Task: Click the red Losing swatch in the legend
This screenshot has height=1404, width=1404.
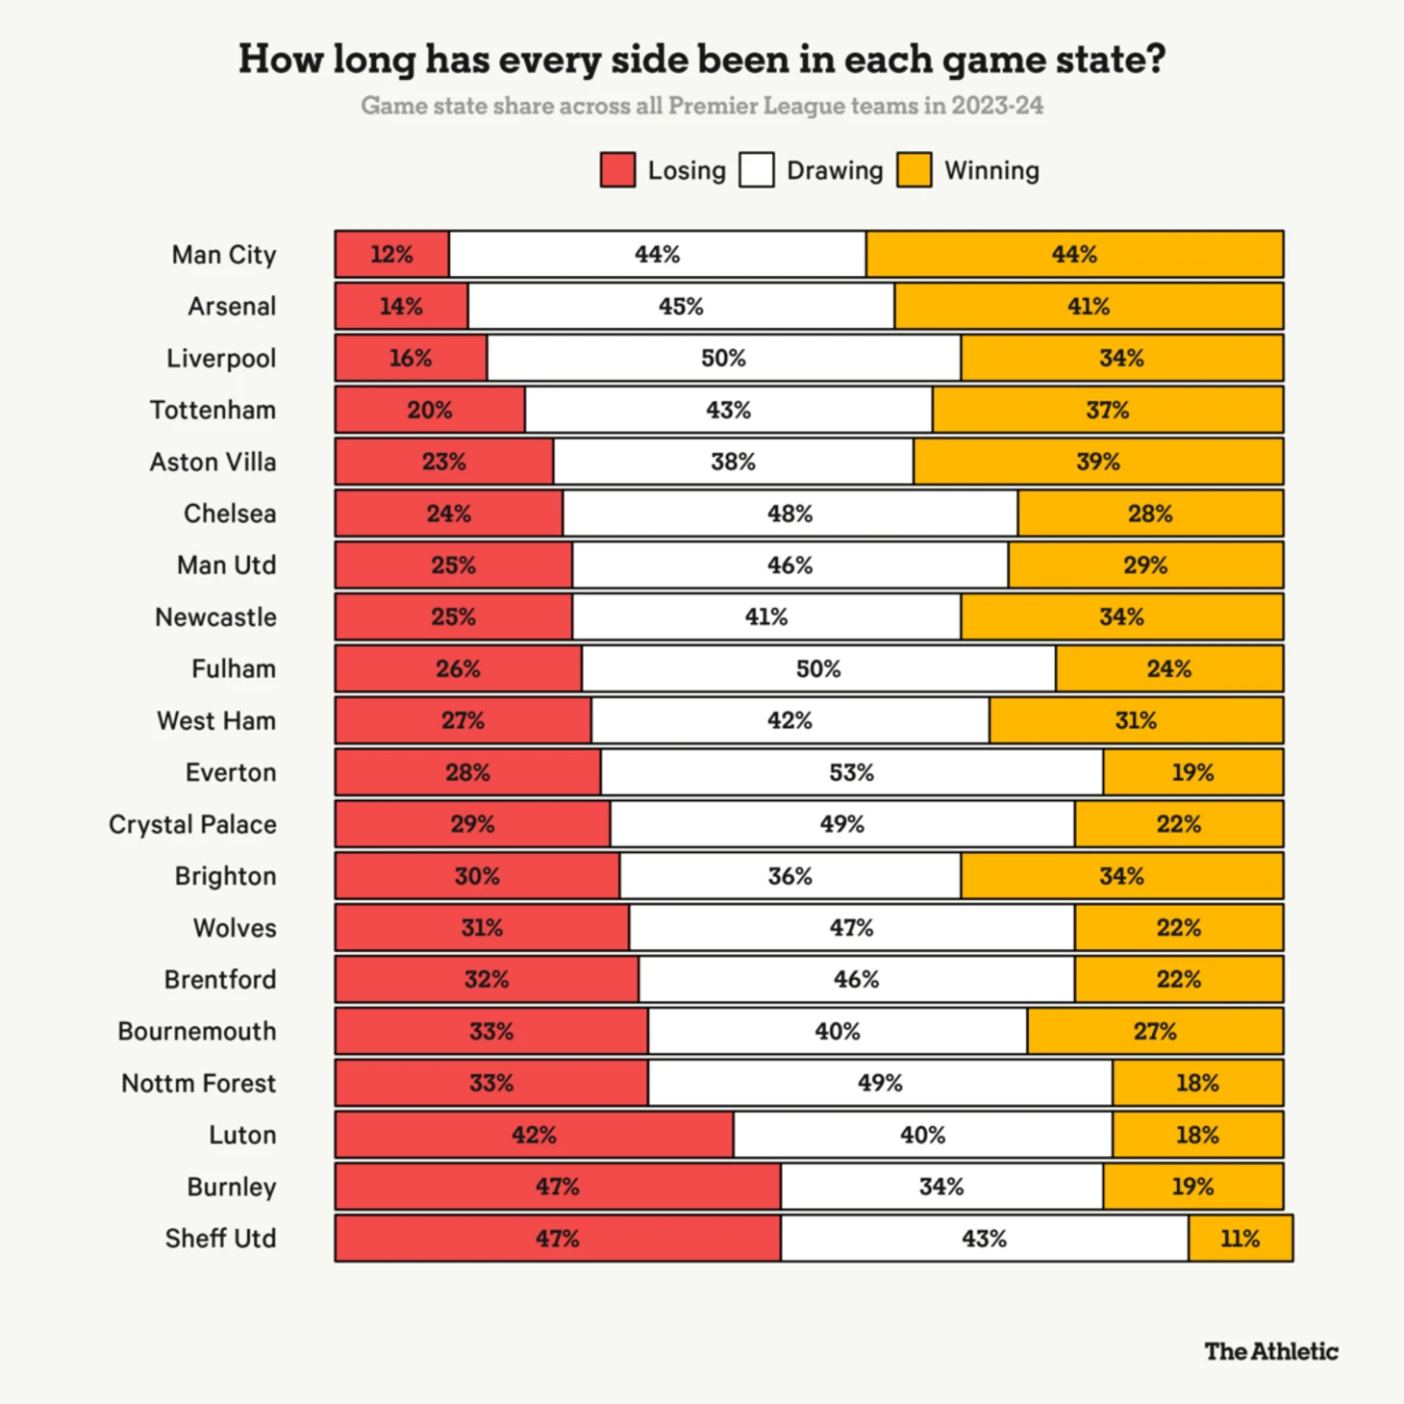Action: click(617, 170)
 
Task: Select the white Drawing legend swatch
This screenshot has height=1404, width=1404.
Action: click(757, 170)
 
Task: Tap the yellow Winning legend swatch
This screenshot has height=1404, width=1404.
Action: click(914, 170)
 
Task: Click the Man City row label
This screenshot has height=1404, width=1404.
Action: click(224, 255)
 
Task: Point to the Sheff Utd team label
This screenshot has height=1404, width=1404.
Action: click(220, 1239)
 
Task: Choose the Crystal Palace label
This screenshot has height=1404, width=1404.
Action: click(192, 825)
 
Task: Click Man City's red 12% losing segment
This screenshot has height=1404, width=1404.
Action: click(391, 255)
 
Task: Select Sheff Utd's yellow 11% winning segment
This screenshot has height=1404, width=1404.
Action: click(1241, 1239)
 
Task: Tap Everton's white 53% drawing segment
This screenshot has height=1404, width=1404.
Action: click(852, 773)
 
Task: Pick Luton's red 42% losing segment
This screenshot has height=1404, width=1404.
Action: click(534, 1136)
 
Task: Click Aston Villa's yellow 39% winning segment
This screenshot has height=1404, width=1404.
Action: click(1097, 463)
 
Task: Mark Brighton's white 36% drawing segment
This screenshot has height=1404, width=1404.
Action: click(790, 876)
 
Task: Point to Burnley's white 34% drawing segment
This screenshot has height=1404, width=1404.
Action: click(941, 1187)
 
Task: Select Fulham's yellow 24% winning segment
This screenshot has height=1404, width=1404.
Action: click(1168, 669)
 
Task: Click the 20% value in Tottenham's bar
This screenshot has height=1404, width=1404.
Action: click(429, 411)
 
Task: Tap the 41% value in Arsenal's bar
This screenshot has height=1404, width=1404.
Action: click(1089, 307)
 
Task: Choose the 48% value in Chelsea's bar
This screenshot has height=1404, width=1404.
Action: click(790, 514)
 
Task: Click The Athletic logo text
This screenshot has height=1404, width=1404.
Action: click(1271, 1352)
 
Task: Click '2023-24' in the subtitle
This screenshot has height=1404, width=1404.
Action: click(997, 106)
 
